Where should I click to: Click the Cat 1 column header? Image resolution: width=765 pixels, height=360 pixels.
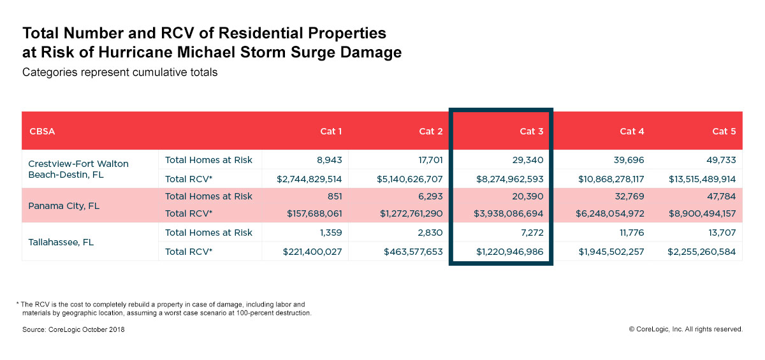[x=331, y=131]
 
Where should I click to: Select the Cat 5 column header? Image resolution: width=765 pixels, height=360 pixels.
[x=724, y=131]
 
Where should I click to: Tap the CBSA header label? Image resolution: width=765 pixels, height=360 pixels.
[x=43, y=131]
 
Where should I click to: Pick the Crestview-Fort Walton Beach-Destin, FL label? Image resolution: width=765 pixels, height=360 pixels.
[x=78, y=169]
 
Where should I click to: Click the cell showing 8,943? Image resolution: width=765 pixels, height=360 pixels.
[x=327, y=160]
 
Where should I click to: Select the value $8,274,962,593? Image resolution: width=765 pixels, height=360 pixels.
[x=509, y=179]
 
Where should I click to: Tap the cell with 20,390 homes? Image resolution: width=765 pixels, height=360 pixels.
[x=527, y=196]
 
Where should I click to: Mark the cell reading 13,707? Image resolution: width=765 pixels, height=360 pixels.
[x=719, y=233]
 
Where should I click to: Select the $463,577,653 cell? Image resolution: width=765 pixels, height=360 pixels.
[x=413, y=252]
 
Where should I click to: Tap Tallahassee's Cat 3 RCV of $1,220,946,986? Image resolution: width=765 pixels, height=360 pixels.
[x=509, y=252]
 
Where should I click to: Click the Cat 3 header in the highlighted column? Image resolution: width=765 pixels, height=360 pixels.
[x=532, y=131]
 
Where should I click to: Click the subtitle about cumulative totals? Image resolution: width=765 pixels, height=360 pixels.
[x=120, y=73]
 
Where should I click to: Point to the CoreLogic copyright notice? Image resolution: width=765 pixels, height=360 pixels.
[x=685, y=329]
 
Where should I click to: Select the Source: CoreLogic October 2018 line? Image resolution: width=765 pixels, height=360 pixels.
[x=73, y=329]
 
